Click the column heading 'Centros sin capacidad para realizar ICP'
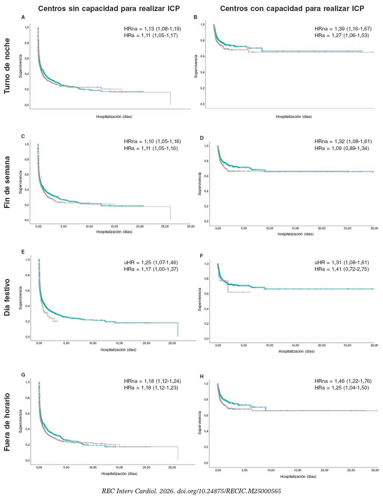[x=109, y=9]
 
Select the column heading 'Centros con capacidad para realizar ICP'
[x=292, y=9]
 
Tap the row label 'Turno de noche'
[x=7, y=66]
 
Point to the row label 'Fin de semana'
[x=7, y=182]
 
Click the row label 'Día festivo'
[x=7, y=297]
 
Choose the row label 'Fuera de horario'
[x=7, y=422]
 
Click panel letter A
[x=23, y=17]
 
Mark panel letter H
[x=202, y=376]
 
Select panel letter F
[x=202, y=256]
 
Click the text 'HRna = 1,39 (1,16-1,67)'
[x=343, y=29]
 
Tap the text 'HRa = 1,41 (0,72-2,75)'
[x=341, y=269]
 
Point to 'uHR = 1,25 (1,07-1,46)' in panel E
[x=151, y=262]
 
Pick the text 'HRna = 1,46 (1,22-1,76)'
[x=343, y=381]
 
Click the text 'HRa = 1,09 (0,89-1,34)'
[x=341, y=148]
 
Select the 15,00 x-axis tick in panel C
[x=114, y=227]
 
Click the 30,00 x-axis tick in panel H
[x=375, y=470]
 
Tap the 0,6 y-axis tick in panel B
[x=202, y=56]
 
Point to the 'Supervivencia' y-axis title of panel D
[x=200, y=183]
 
